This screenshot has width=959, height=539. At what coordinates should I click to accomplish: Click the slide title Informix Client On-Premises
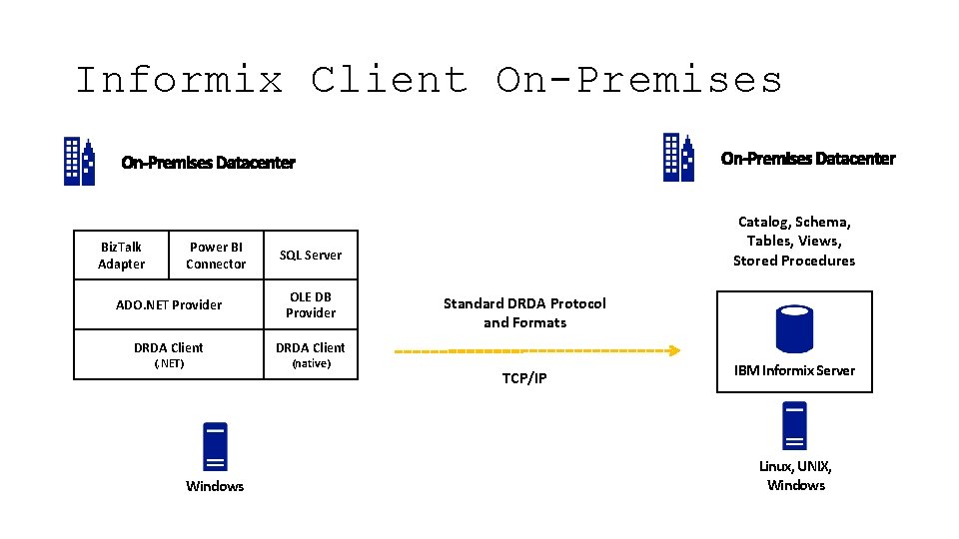[429, 80]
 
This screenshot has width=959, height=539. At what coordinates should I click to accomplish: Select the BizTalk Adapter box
[121, 256]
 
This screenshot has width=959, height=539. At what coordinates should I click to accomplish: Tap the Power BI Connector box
[215, 256]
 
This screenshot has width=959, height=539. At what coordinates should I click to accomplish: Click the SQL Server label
[310, 256]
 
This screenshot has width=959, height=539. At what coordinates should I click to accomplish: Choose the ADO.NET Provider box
[169, 304]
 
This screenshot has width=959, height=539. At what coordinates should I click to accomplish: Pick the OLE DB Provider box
[310, 304]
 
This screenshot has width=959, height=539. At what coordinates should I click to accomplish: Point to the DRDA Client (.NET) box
[169, 354]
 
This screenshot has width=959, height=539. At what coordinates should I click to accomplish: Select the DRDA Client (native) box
[310, 354]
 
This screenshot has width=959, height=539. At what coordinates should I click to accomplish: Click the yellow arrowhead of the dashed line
[675, 350]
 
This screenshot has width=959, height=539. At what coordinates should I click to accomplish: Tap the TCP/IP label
[524, 378]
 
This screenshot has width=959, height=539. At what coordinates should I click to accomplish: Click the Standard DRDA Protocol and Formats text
[524, 312]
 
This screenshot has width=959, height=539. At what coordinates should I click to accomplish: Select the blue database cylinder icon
[794, 328]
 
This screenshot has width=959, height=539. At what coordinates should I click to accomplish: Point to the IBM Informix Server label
[794, 370]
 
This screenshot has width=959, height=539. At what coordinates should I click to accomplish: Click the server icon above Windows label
[215, 446]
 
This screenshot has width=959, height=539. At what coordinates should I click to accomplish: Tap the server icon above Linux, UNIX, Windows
[794, 426]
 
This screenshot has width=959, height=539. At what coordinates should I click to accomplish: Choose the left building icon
[80, 161]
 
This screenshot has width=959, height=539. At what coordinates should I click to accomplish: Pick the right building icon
[678, 158]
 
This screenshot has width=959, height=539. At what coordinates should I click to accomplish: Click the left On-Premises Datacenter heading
[208, 163]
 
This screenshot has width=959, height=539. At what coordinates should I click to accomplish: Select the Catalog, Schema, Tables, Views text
[794, 241]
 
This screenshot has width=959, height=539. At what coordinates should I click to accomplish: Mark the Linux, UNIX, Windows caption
[795, 475]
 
